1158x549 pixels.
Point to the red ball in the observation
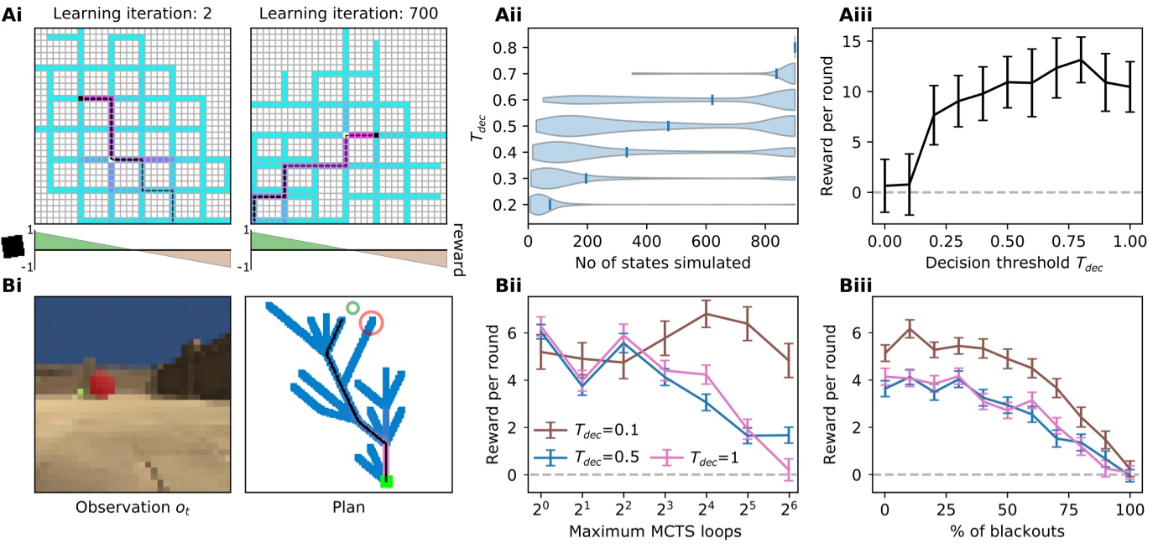(x=102, y=385)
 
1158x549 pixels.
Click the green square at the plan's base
(x=386, y=482)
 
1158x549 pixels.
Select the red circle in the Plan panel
(x=372, y=322)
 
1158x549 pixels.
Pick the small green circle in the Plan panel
(x=352, y=309)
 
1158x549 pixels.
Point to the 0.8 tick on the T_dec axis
(x=505, y=47)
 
